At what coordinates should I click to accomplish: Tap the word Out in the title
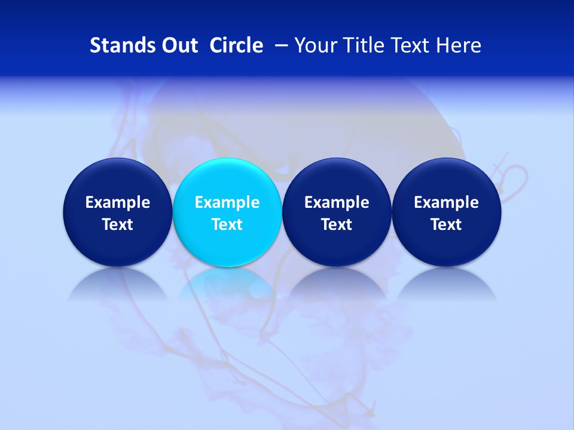point(179,45)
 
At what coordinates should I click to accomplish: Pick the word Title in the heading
point(365,45)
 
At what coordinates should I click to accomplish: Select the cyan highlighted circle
point(227,212)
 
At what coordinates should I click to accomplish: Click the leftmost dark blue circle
point(117,212)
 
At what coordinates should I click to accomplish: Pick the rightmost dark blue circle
point(446,212)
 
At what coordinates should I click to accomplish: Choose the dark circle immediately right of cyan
point(337,212)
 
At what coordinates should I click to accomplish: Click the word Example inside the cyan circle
point(227,202)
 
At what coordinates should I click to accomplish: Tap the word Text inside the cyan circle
point(227,225)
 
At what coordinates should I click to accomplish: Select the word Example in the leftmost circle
point(117,202)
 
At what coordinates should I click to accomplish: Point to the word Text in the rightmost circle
point(446,225)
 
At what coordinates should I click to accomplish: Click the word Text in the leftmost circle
point(117,225)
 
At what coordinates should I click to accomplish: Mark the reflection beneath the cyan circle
point(227,284)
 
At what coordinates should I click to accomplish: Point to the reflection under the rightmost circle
point(446,284)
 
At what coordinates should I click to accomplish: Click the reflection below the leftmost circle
point(117,284)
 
